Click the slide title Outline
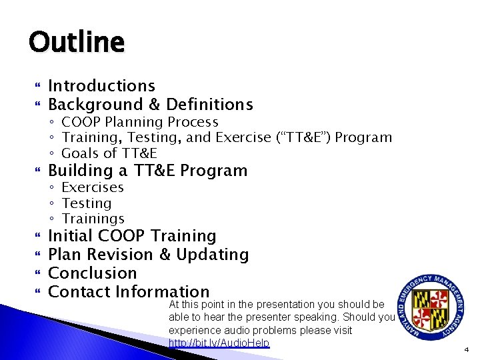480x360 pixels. [76, 43]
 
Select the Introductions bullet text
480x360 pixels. [101, 86]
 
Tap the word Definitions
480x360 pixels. [209, 105]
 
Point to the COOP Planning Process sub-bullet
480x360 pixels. [139, 122]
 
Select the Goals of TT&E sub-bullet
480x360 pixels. [109, 153]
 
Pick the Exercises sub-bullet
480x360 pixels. [92, 187]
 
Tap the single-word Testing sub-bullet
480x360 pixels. [86, 203]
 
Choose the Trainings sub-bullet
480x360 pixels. [93, 219]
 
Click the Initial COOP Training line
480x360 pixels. [132, 236]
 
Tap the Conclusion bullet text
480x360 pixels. [92, 273]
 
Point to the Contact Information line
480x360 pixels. [129, 291]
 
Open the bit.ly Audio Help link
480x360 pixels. [219, 343]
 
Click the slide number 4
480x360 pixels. [467, 349]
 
